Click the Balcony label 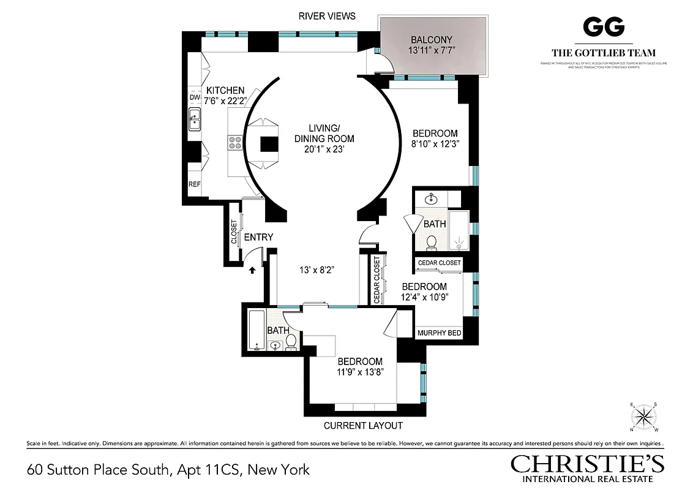pyautogui.click(x=432, y=40)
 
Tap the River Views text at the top pyautogui.click(x=327, y=16)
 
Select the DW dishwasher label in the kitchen pyautogui.click(x=195, y=97)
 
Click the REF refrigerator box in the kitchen pyautogui.click(x=195, y=184)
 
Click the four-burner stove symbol pyautogui.click(x=235, y=142)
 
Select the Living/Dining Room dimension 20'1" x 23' pyautogui.click(x=324, y=149)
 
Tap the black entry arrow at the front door pyautogui.click(x=251, y=269)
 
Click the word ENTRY pyautogui.click(x=258, y=238)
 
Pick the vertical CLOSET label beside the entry pyautogui.click(x=234, y=233)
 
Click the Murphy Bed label pyautogui.click(x=439, y=333)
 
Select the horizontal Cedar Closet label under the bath pyautogui.click(x=439, y=263)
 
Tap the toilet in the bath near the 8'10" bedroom pyautogui.click(x=431, y=242)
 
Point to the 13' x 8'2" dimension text pyautogui.click(x=315, y=269)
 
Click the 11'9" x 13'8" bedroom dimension pyautogui.click(x=360, y=372)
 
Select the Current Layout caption pyautogui.click(x=363, y=425)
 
